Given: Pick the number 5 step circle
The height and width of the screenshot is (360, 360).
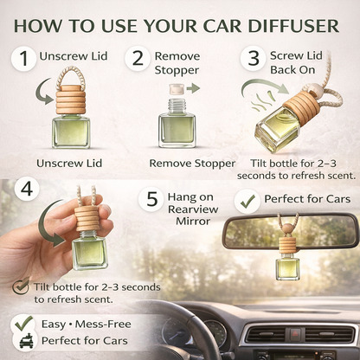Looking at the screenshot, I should pyautogui.click(x=152, y=199).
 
